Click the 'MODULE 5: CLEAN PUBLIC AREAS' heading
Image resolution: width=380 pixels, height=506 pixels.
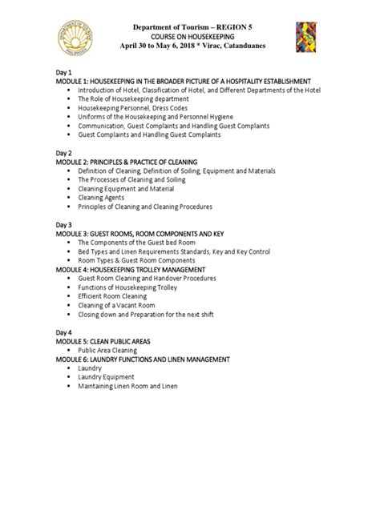point(103,341)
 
